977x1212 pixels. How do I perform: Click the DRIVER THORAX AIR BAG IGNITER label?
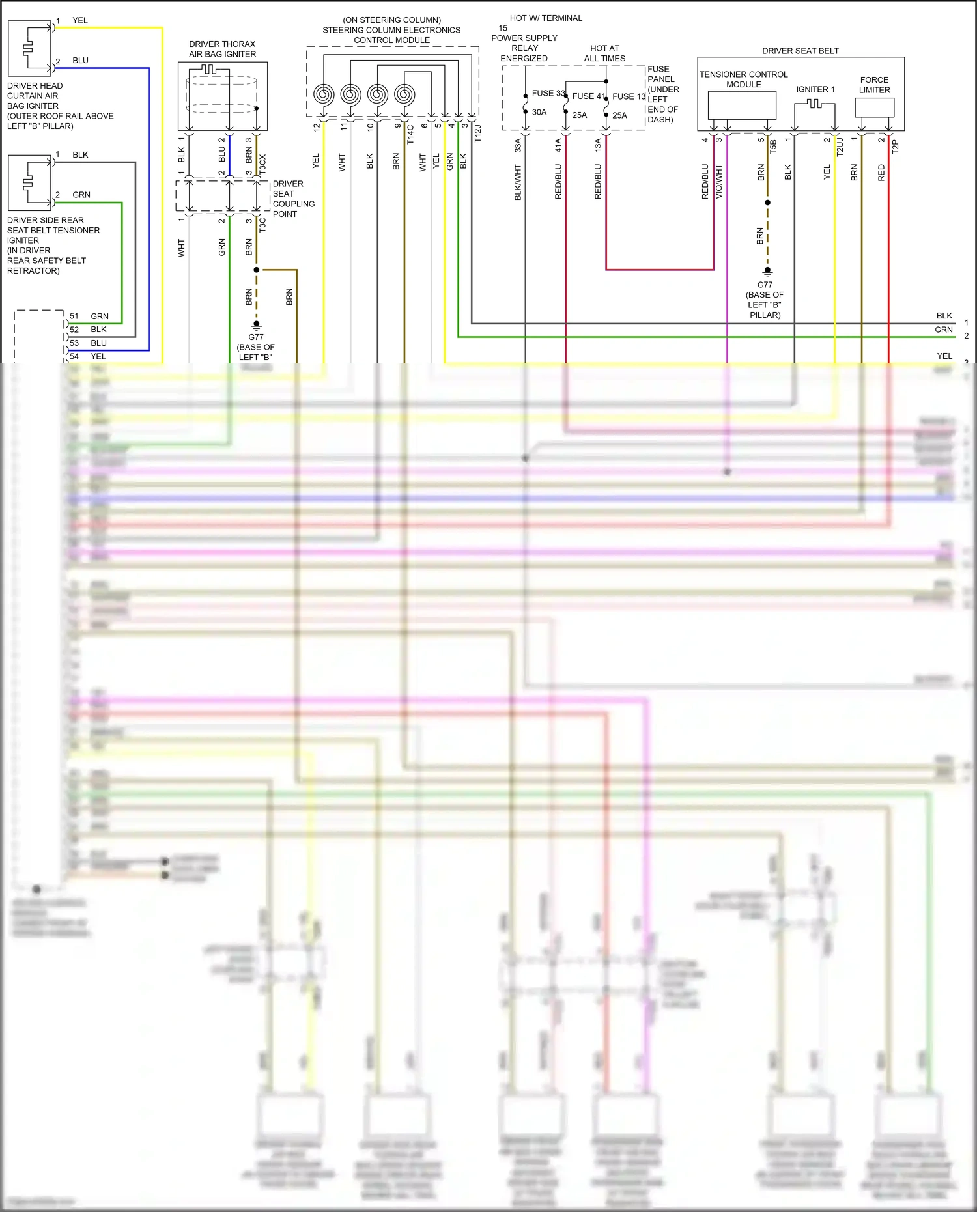pos(222,49)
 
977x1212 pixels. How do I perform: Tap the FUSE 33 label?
pos(548,93)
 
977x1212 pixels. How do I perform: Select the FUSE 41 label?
pos(589,96)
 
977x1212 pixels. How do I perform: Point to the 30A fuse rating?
pos(539,112)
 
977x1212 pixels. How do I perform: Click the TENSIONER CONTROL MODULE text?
pos(743,79)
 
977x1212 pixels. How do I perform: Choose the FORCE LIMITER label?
pos(874,85)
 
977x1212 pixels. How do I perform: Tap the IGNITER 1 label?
pos(815,89)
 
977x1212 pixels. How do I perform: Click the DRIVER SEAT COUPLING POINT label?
pos(293,199)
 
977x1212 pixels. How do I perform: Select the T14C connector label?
pos(410,134)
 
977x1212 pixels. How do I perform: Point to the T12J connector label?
pos(477,134)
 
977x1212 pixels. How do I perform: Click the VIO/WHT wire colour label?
pos(719,182)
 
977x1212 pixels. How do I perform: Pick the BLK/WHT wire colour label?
pos(518,182)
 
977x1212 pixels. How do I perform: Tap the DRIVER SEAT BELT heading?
pos(800,51)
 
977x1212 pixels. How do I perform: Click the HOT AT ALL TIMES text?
pos(604,53)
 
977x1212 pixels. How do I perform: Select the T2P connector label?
pos(896,147)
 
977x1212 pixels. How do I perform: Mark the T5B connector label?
pos(774,147)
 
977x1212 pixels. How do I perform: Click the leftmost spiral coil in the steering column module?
pos(324,95)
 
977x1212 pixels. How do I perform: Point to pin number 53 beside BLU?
pos(74,343)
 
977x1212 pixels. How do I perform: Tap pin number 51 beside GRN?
pos(74,317)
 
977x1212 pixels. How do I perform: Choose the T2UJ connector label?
pos(840,147)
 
